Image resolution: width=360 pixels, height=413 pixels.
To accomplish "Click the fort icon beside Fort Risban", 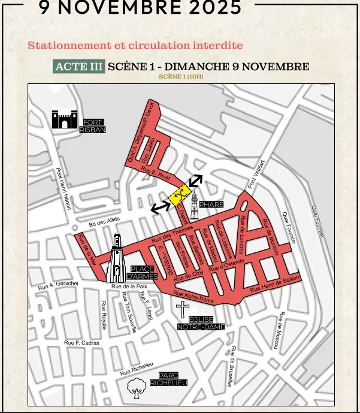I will (63, 119).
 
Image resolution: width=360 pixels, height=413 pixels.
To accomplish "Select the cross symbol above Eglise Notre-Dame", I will (183, 310).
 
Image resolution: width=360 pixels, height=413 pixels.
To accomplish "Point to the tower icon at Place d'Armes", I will (116, 259).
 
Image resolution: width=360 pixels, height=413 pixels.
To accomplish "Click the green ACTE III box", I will (79, 67).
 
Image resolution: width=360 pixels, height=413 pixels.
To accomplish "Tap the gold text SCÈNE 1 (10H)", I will (181, 77).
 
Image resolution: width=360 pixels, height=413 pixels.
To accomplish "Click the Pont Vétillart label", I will (256, 174).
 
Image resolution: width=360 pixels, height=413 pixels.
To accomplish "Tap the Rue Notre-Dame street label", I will (193, 296).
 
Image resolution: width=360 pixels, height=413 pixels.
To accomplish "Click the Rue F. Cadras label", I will (81, 343).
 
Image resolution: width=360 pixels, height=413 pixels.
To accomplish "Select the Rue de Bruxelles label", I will (232, 367).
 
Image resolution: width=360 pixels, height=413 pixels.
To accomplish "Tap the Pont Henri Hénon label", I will (64, 188).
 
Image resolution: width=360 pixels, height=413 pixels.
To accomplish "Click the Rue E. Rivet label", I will (156, 173).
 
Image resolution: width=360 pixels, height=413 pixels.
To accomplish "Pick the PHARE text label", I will (211, 205).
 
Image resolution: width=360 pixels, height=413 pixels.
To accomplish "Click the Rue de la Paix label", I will (129, 287).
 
